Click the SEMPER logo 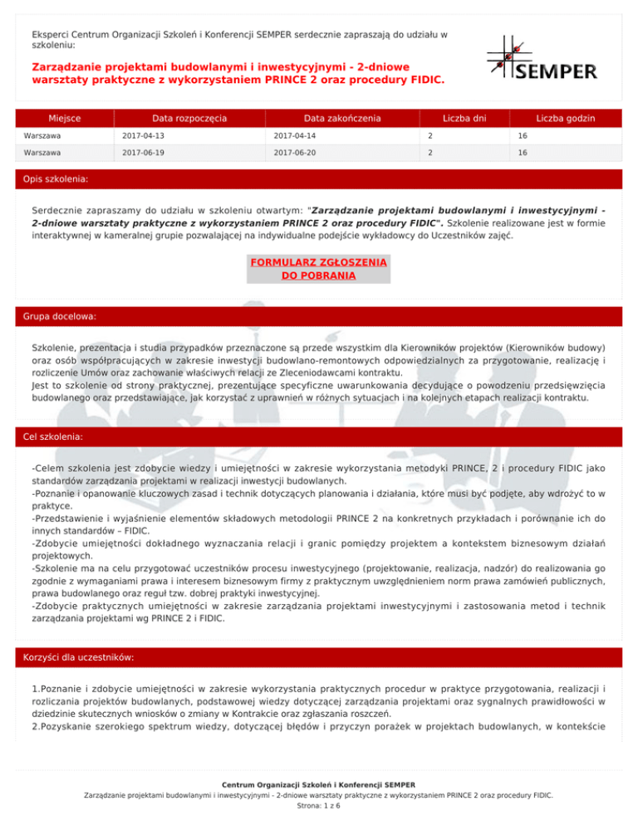point(541,58)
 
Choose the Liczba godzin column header point(565,119)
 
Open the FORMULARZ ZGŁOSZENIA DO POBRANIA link point(318,269)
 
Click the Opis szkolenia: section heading point(56,178)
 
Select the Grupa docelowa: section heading point(60,317)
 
